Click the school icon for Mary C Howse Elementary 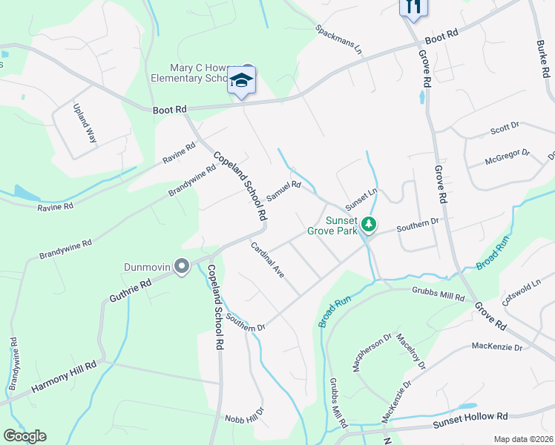[x=241, y=79]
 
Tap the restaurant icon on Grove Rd [x=413, y=6]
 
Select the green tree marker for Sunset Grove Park [x=370, y=222]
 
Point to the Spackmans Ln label [x=338, y=40]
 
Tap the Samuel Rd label [x=283, y=191]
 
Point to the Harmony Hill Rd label [x=64, y=376]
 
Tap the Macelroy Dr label [x=411, y=350]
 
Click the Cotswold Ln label [x=523, y=290]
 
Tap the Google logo [x=24, y=436]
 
